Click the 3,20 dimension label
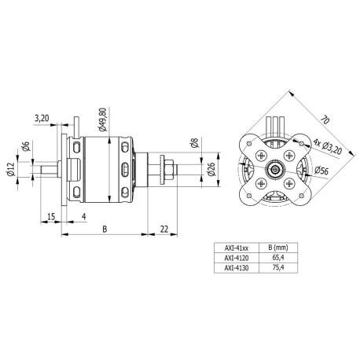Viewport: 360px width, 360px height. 42,119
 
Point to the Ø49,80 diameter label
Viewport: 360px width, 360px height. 102,119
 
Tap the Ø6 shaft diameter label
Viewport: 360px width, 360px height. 26,146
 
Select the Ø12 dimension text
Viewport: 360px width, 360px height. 10,170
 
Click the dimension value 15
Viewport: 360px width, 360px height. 51,217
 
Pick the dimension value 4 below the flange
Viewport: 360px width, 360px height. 84,216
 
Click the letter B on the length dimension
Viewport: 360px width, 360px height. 105,230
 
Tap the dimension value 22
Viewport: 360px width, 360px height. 164,229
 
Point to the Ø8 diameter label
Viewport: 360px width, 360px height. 196,143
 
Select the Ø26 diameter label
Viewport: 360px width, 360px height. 211,169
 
